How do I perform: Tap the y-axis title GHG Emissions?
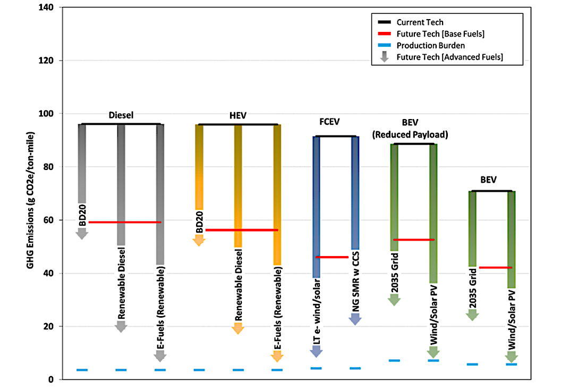(x=32, y=193)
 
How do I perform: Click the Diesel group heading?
(x=121, y=115)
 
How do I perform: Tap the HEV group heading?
(x=237, y=115)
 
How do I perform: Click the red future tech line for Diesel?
(x=125, y=222)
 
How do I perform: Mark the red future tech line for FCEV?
(x=331, y=257)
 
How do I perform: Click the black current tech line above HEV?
(x=237, y=124)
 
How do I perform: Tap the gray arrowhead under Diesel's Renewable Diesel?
(x=121, y=327)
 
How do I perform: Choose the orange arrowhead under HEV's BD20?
(x=198, y=241)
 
